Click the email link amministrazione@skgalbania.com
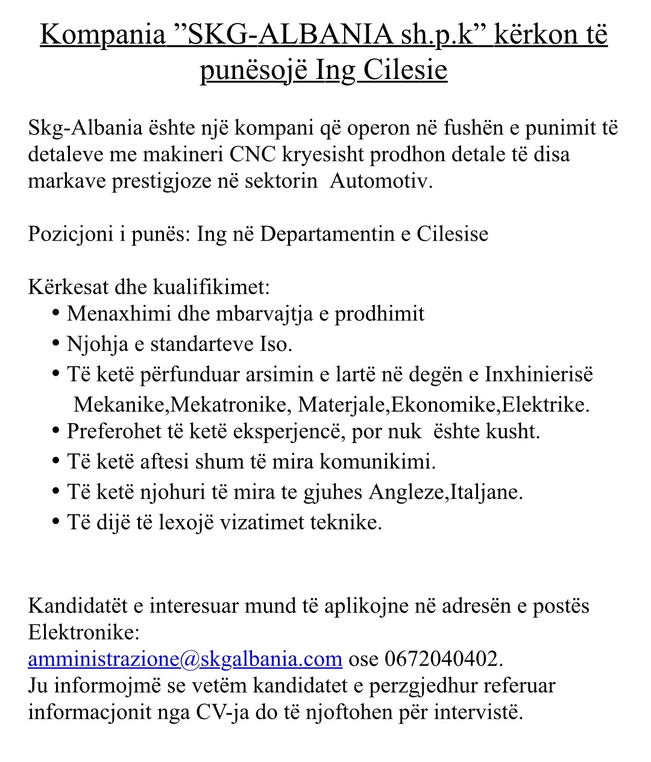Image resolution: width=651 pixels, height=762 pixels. click(x=185, y=659)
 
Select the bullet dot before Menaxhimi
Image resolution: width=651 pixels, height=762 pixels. click(x=56, y=313)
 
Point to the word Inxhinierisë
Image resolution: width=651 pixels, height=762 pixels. click(x=539, y=374)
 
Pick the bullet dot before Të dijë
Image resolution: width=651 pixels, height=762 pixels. click(x=56, y=521)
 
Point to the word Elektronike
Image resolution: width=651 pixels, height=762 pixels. click(x=83, y=632)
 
